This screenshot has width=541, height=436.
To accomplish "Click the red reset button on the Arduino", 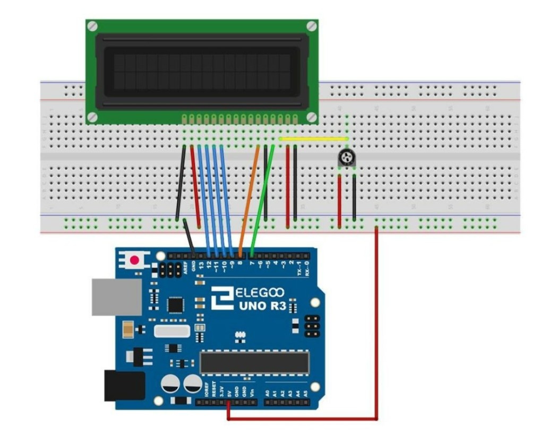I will (x=135, y=260).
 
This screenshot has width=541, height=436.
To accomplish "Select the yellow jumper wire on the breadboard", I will (x=313, y=139).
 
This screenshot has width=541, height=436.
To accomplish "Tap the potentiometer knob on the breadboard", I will (x=346, y=156).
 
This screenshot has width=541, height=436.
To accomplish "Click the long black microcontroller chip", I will (x=254, y=362).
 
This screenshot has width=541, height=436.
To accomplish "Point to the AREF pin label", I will (x=186, y=266).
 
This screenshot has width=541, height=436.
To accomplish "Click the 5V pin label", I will (x=229, y=390).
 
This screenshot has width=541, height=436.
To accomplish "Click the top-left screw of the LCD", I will (x=92, y=25).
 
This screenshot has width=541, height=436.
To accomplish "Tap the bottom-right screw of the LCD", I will (x=312, y=117).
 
